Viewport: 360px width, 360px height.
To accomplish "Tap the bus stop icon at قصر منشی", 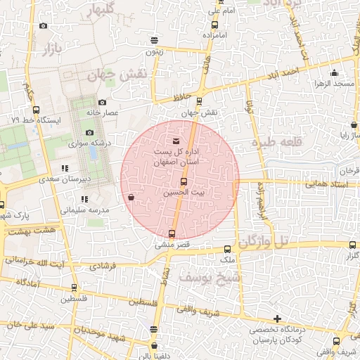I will (172, 233).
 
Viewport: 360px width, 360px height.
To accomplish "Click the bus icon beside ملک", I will (227, 249).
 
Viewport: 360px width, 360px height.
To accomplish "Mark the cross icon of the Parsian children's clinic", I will (278, 319).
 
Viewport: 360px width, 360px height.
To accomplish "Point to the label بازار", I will (44, 49).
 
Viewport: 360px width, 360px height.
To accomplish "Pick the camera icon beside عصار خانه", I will (102, 103).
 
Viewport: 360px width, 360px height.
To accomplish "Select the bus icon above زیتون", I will (155, 40).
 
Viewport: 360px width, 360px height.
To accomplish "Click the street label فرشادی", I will (101, 266).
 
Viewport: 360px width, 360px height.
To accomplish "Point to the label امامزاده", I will (212, 34).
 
